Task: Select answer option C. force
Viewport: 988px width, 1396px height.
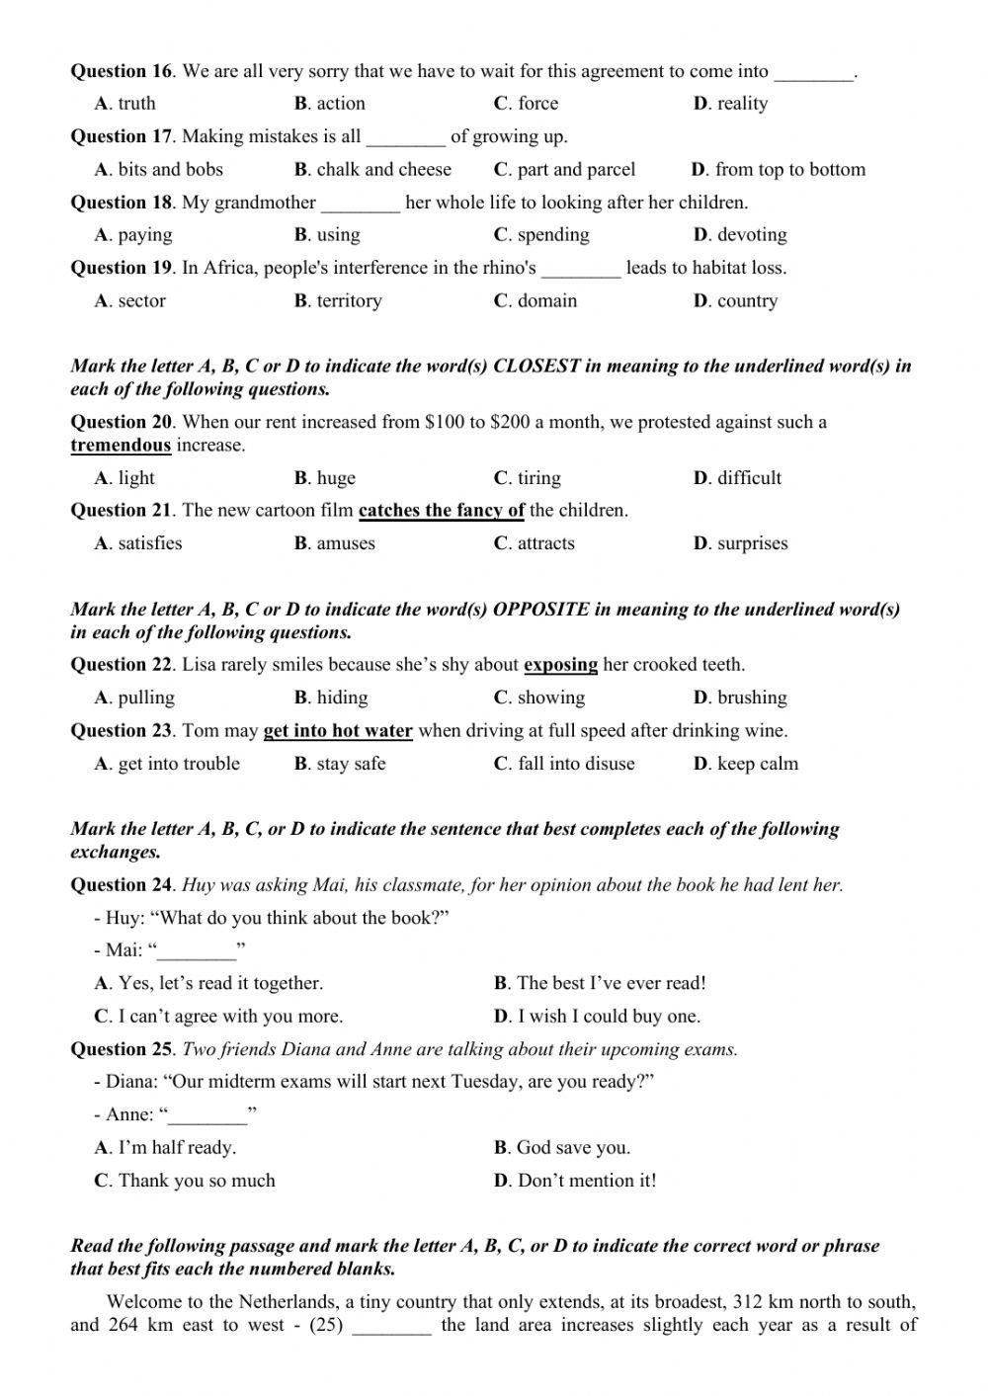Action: coord(526,104)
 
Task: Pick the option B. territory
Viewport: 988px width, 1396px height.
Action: coord(338,301)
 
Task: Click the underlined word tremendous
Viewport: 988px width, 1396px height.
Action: coord(121,446)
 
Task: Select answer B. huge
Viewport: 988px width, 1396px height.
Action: coord(325,478)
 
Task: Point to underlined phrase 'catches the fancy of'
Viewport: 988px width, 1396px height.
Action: coord(441,511)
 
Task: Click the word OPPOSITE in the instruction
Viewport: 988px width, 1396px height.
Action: coord(540,610)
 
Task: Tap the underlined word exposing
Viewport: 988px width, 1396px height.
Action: coord(560,665)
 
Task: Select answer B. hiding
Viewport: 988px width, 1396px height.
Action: coord(331,698)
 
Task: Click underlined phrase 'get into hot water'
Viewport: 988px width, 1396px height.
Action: coord(338,731)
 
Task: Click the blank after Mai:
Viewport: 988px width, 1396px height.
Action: coord(198,951)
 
